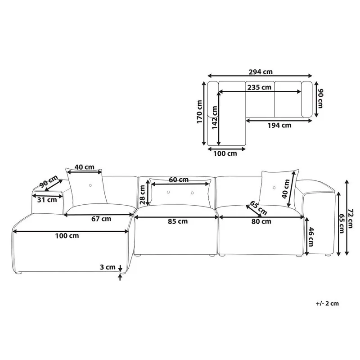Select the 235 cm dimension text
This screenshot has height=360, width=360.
click(x=259, y=87)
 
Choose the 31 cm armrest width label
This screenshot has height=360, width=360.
click(x=45, y=200)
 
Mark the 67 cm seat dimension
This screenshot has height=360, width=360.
click(x=100, y=219)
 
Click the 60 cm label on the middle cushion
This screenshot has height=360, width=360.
click(x=179, y=180)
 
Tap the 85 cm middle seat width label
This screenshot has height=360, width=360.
click(x=177, y=221)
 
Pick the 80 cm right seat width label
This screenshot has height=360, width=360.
click(x=261, y=221)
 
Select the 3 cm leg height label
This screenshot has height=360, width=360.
click(x=108, y=267)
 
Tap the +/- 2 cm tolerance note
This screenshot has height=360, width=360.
click(x=328, y=304)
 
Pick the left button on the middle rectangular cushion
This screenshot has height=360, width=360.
click(x=170, y=193)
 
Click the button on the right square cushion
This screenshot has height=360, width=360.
click(x=273, y=187)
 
